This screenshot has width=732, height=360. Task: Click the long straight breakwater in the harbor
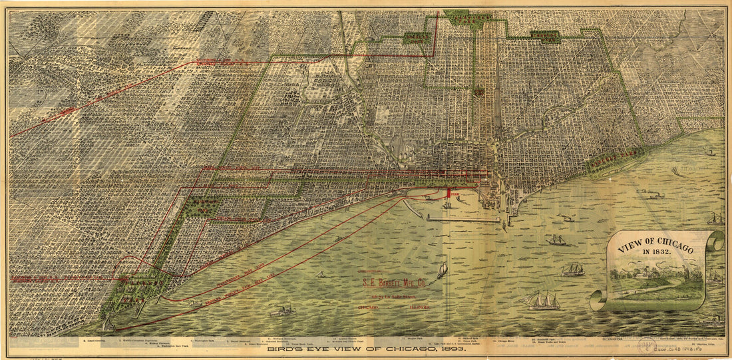[463, 218]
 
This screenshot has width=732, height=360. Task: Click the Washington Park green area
[200, 206]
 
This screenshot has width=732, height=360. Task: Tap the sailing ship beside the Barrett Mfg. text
[442, 270]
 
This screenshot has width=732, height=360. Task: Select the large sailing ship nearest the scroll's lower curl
[544, 301]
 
